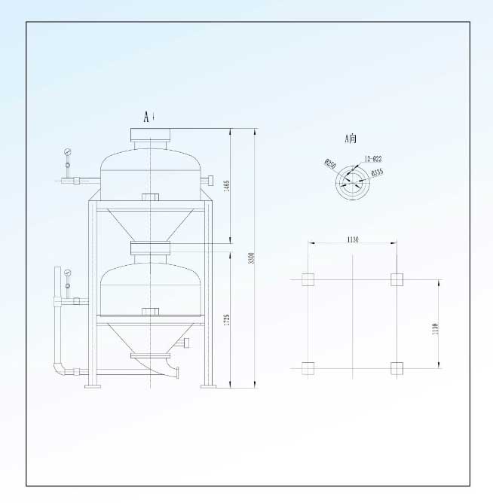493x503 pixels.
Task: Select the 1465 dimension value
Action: tap(225, 186)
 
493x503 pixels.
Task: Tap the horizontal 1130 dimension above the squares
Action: tap(352, 239)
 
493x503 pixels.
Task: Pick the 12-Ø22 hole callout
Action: tap(372, 159)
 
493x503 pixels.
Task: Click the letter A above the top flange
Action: tap(148, 116)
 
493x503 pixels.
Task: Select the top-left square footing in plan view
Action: tap(308, 279)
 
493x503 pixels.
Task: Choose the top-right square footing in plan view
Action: tap(397, 279)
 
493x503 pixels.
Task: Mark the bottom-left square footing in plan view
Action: tap(308, 368)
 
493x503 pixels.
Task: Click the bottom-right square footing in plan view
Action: tap(397, 368)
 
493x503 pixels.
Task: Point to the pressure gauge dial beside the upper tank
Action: tap(68, 152)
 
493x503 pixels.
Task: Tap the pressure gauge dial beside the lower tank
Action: tap(68, 272)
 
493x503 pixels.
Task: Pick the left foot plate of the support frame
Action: tap(93, 386)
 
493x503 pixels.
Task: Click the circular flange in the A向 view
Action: tap(351, 180)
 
